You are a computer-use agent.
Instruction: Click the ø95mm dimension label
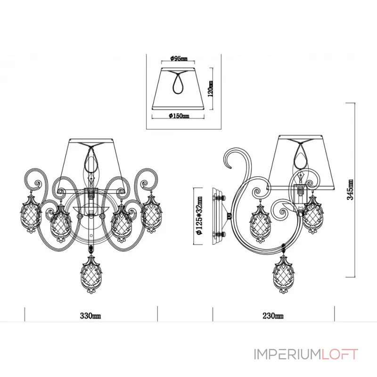(x=179, y=58)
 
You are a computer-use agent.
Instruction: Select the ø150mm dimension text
(x=179, y=116)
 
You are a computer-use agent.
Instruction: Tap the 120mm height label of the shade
(x=210, y=89)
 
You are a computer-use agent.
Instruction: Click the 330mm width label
(x=90, y=316)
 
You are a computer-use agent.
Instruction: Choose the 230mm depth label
(x=273, y=316)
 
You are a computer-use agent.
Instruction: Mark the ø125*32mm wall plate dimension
(x=199, y=215)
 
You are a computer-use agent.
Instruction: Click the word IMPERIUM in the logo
(x=287, y=354)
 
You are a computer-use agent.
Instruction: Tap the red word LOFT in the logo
(x=340, y=354)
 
